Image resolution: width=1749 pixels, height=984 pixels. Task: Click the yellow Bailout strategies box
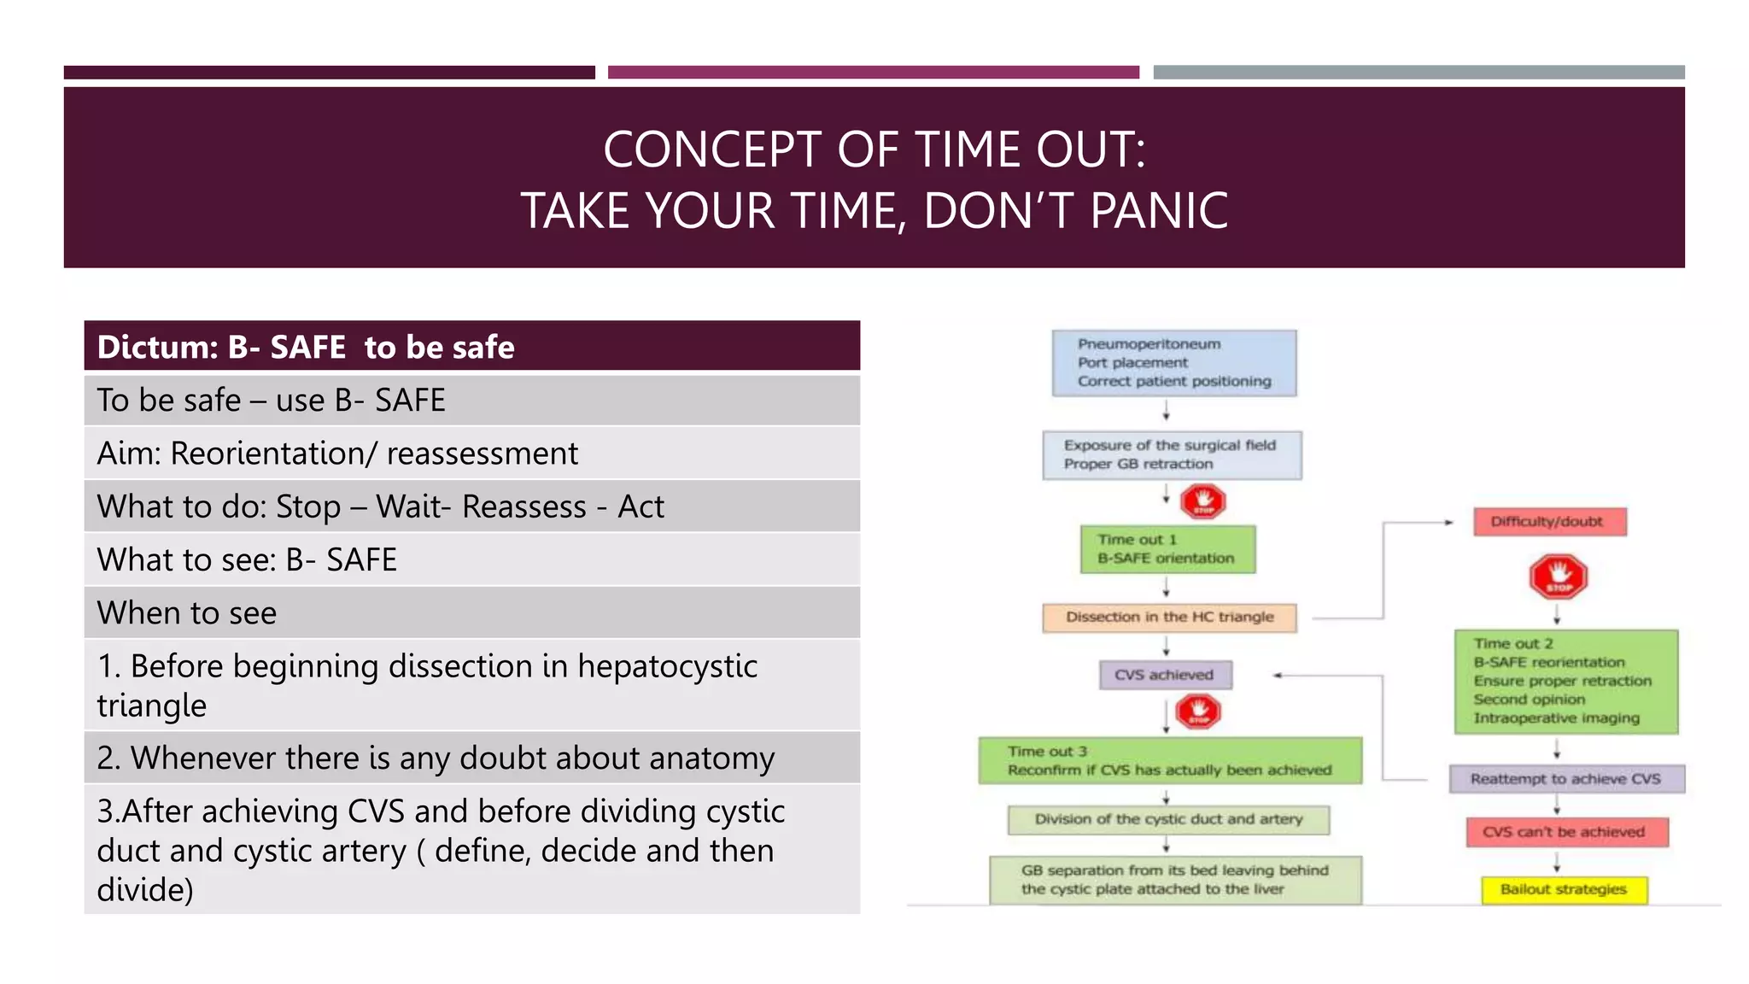coord(1563,889)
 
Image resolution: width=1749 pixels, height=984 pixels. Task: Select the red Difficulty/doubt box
coord(1549,522)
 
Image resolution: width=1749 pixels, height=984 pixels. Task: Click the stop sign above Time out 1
coord(1203,501)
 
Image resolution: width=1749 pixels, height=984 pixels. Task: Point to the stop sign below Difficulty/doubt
coord(1559,577)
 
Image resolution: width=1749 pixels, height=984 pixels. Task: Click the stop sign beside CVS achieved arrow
coord(1198,711)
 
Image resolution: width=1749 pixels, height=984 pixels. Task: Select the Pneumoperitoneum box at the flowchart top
coord(1173,363)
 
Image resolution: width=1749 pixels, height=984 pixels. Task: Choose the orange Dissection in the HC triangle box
coord(1169,617)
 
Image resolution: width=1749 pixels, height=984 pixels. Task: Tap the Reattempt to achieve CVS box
coord(1566,779)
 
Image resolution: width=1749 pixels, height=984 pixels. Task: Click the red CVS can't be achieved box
coord(1566,832)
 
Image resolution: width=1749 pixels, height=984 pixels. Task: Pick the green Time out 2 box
coord(1565,682)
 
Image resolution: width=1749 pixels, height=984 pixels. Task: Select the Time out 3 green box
coord(1169,761)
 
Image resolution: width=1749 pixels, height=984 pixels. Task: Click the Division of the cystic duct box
coord(1168,819)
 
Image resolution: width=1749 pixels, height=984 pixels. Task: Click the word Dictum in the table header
coord(157,348)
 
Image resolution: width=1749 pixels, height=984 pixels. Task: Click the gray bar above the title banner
coord(1419,73)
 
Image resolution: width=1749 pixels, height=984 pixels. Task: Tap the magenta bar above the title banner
coord(873,73)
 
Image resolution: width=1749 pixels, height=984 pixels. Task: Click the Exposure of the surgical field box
coord(1172,454)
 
